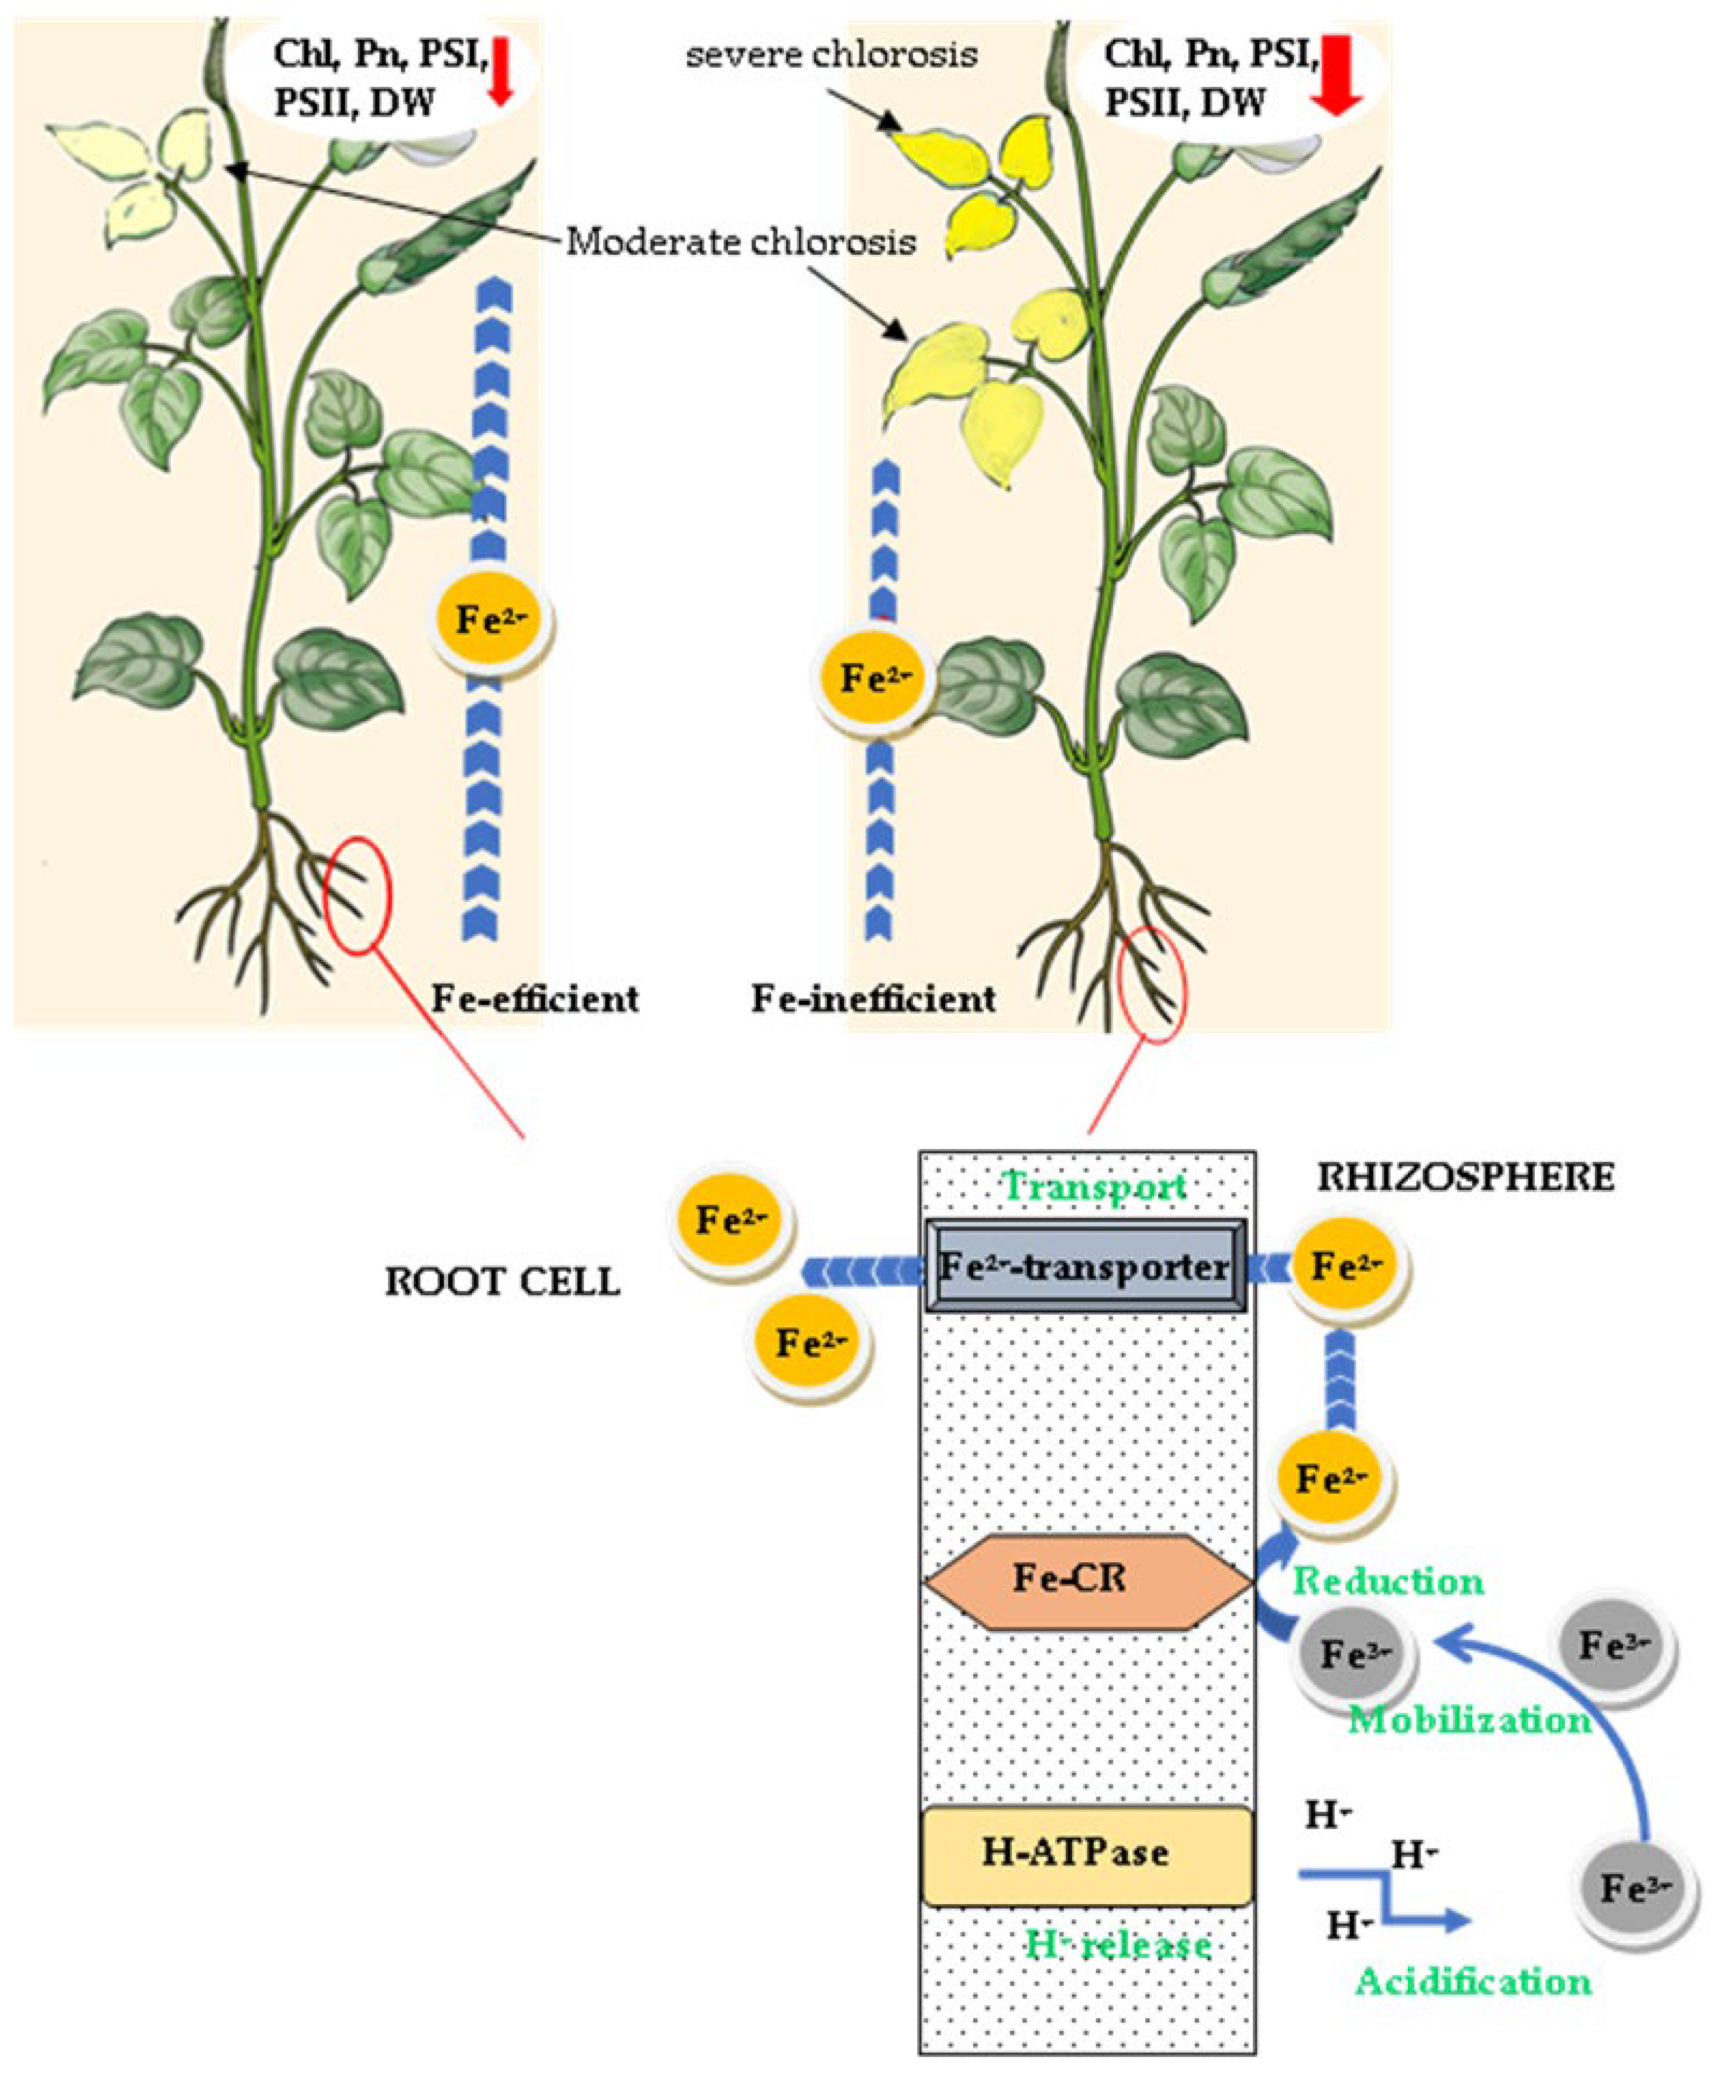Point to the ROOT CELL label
coord(502,1282)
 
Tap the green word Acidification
coord(1473,1981)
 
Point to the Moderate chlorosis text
coord(740,241)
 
